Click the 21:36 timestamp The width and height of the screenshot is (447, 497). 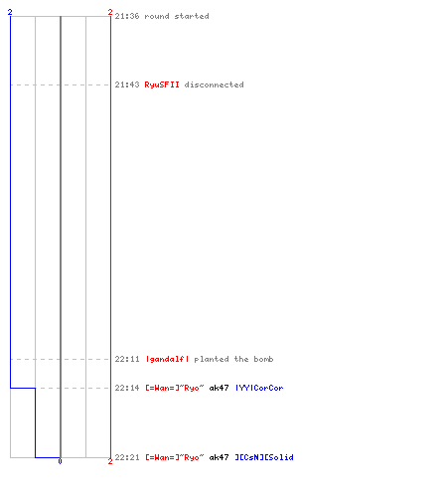pos(127,16)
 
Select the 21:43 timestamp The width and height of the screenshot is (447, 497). pos(127,84)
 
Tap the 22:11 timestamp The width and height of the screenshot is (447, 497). pos(127,359)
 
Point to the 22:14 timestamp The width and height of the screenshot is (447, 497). pos(127,388)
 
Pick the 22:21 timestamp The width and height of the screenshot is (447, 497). pos(127,457)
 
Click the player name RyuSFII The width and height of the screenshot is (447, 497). pos(162,84)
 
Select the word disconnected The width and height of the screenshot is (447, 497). pos(214,84)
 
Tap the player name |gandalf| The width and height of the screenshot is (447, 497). pos(167,359)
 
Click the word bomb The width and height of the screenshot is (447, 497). pos(263,359)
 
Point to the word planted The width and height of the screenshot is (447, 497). pos(212,359)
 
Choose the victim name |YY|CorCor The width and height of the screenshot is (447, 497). pos(259,388)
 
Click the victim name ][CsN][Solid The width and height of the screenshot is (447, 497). pos(264,457)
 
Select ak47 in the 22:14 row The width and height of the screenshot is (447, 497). pos(219,388)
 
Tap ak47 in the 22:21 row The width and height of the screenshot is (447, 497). pos(219,457)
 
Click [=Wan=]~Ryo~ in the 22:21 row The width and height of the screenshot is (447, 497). pos(175,457)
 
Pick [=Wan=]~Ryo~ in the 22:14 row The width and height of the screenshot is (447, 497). pos(175,388)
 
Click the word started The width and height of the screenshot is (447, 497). pos(192,16)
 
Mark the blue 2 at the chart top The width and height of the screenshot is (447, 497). pos(10,12)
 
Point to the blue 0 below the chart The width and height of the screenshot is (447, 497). pos(60,461)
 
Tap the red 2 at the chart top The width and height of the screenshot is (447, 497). pos(110,12)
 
